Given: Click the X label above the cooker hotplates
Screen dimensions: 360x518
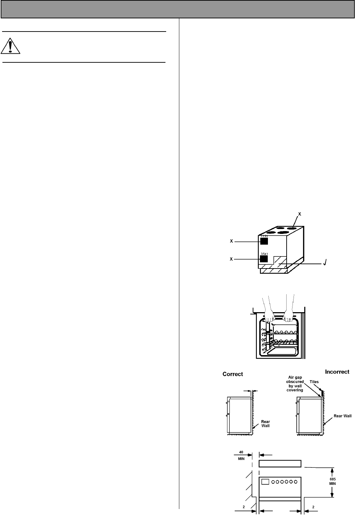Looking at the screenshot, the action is coord(300,214).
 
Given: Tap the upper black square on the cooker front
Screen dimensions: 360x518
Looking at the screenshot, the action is coord(264,241).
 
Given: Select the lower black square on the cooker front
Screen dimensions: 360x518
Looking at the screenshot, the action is coord(264,258).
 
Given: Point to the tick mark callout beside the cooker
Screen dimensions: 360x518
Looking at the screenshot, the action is coord(324,264).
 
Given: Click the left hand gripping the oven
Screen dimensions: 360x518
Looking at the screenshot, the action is coord(269,316).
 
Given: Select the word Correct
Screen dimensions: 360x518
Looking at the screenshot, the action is coord(233,374).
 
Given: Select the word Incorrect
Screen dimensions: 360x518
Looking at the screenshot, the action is coord(337,372).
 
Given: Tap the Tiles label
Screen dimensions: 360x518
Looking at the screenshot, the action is coord(314,382).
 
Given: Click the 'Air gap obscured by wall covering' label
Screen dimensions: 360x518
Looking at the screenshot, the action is coord(295,384).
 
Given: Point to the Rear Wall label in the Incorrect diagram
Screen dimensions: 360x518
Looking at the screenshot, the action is coord(342,416).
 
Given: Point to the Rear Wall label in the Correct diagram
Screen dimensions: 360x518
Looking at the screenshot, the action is coord(265,423).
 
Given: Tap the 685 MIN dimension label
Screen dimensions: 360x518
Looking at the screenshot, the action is coord(332,481).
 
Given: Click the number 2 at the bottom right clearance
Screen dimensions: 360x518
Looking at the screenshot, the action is coord(313,507).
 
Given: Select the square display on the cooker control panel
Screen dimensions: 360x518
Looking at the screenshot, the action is coord(265,482).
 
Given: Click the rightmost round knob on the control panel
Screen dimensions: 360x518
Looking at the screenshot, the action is coord(296,482).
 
